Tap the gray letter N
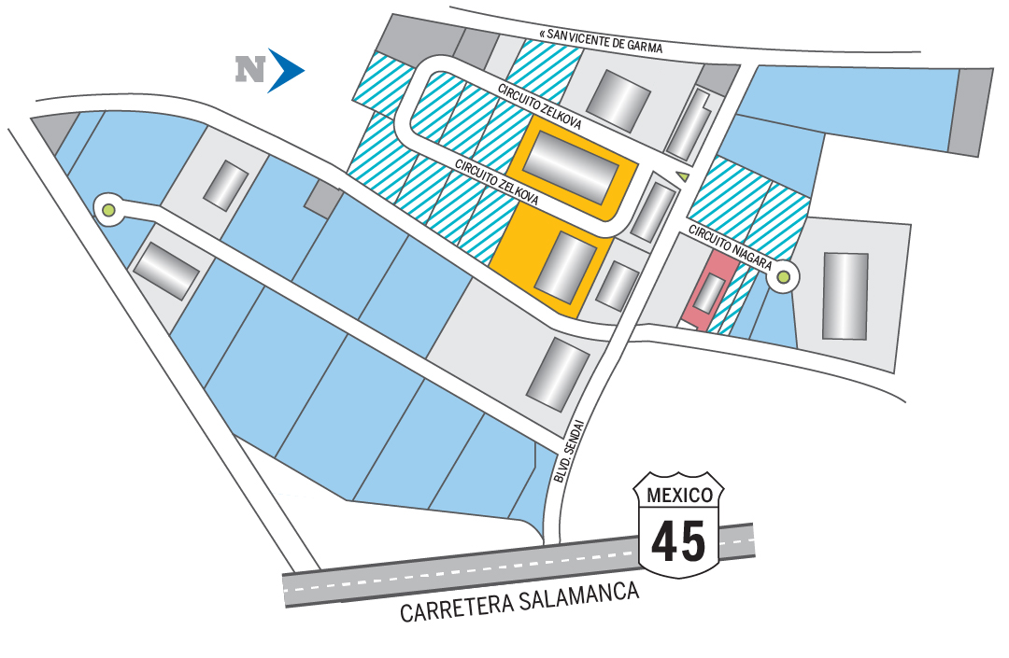click(x=250, y=69)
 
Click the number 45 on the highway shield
click(x=679, y=540)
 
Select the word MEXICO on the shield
click(x=679, y=494)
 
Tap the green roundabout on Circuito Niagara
click(x=783, y=276)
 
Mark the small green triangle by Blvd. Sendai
click(x=683, y=175)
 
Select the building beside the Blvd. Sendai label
click(x=558, y=373)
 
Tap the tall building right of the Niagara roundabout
click(x=845, y=295)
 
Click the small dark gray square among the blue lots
click(x=323, y=199)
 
